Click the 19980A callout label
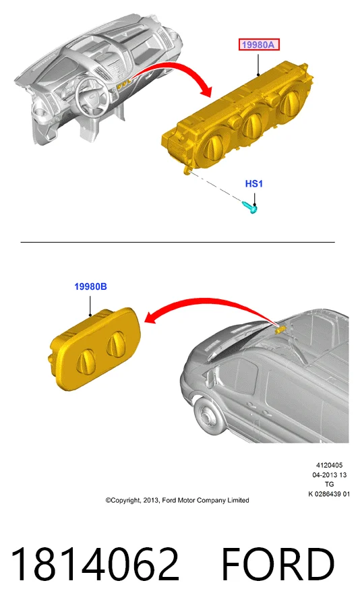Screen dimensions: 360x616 coord(258,44)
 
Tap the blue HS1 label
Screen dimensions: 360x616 coord(253,183)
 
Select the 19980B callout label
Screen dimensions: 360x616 coord(90,287)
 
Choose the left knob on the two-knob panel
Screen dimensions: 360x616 coord(86,361)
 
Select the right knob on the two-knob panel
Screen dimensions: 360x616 coord(117,343)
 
